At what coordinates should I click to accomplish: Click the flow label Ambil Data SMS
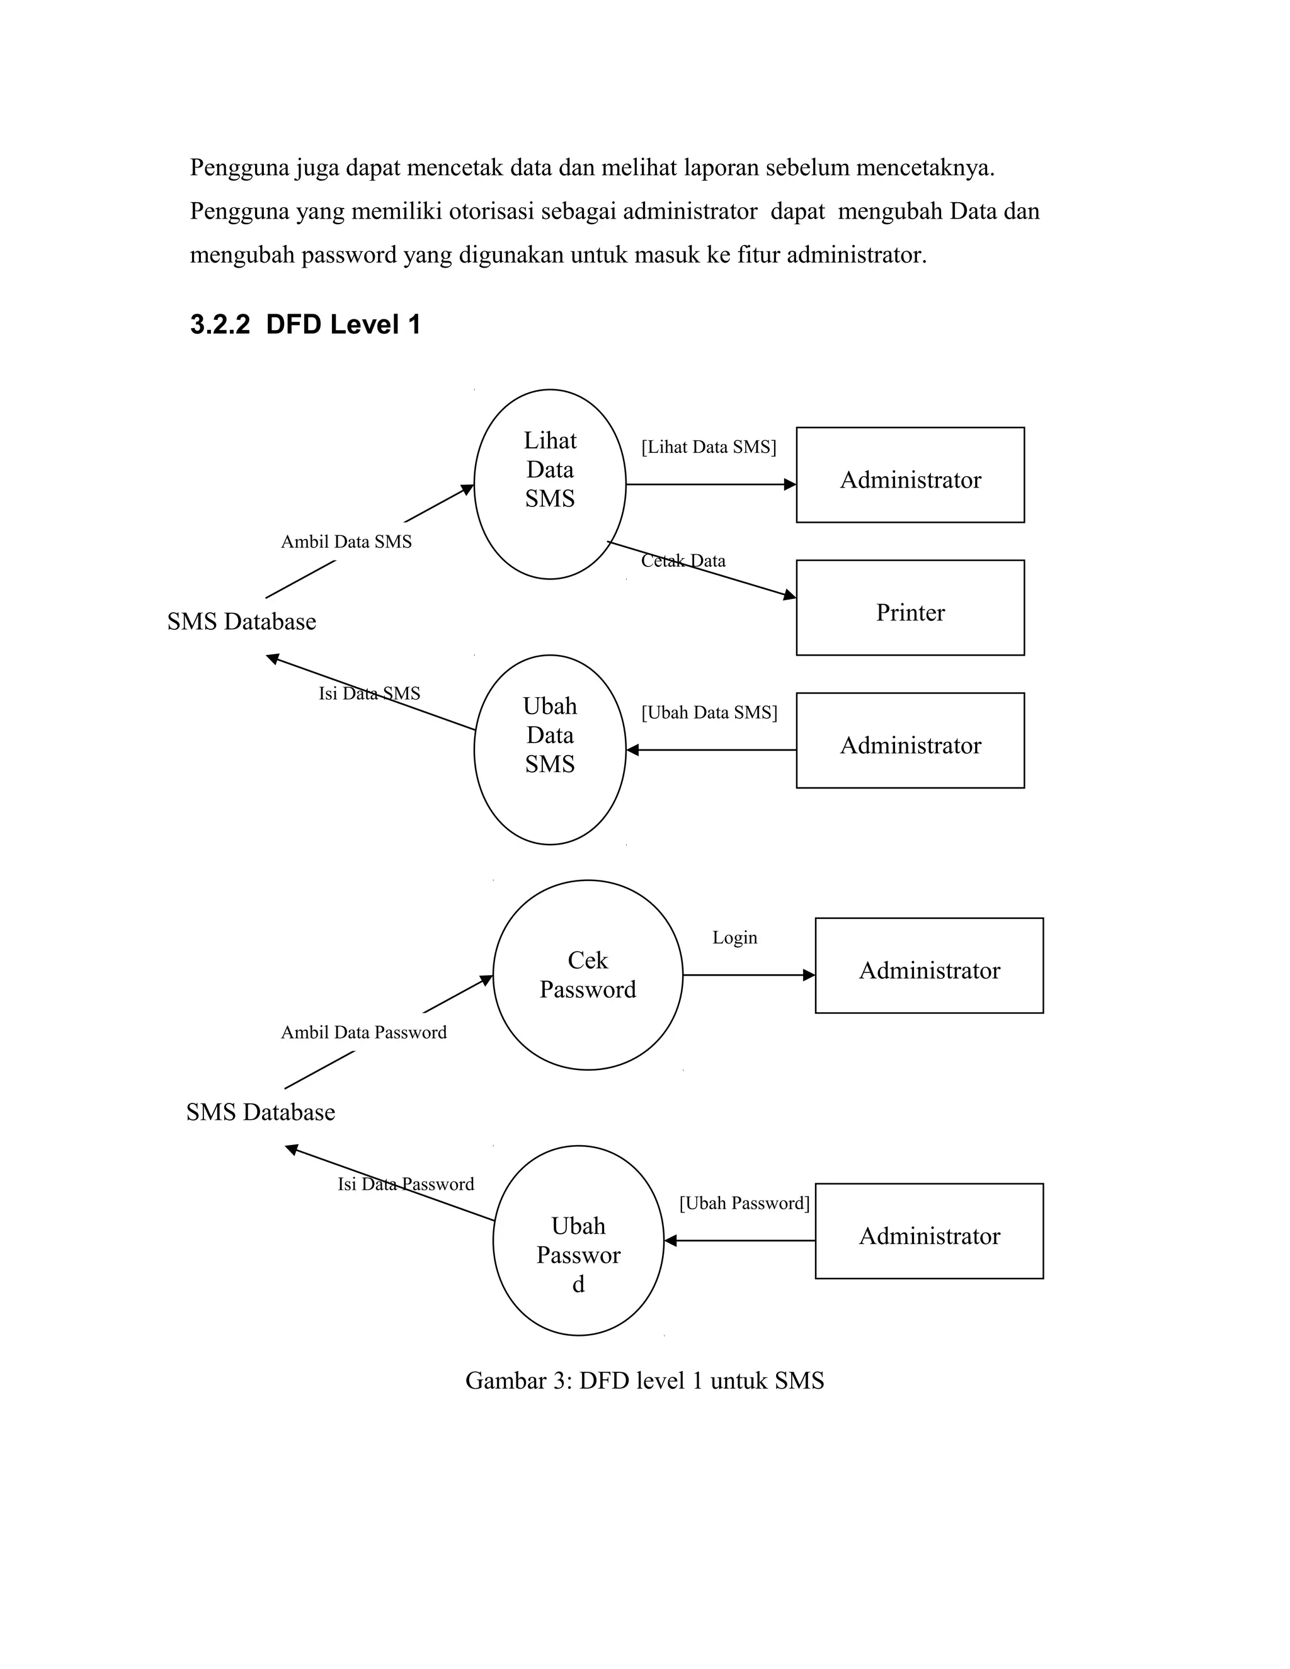tap(346, 542)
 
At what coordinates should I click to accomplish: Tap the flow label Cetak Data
tap(683, 561)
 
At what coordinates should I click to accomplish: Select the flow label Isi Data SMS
tap(369, 694)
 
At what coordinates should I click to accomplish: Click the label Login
tap(734, 938)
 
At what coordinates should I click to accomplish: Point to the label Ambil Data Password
tap(364, 1032)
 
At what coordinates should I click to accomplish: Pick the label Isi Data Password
tap(406, 1185)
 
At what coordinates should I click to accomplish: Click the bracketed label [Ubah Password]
tap(745, 1204)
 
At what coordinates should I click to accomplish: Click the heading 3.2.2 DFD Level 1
tap(305, 325)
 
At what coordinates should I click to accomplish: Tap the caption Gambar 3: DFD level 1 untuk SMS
tap(645, 1381)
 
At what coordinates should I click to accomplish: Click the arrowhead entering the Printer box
tap(791, 595)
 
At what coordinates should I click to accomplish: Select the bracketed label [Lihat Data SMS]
tap(709, 447)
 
